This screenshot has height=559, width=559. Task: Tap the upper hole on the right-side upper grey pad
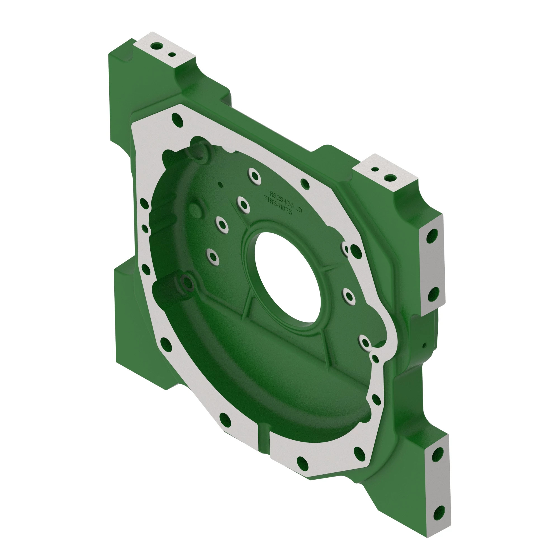pyautogui.click(x=433, y=236)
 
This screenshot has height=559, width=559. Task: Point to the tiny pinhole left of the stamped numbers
pyautogui.click(x=221, y=184)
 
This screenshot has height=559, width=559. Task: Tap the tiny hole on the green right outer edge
pyautogui.click(x=424, y=345)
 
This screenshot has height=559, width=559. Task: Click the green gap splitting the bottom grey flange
pyautogui.click(x=263, y=436)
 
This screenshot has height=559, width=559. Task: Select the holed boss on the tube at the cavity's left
pyautogui.click(x=187, y=282)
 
